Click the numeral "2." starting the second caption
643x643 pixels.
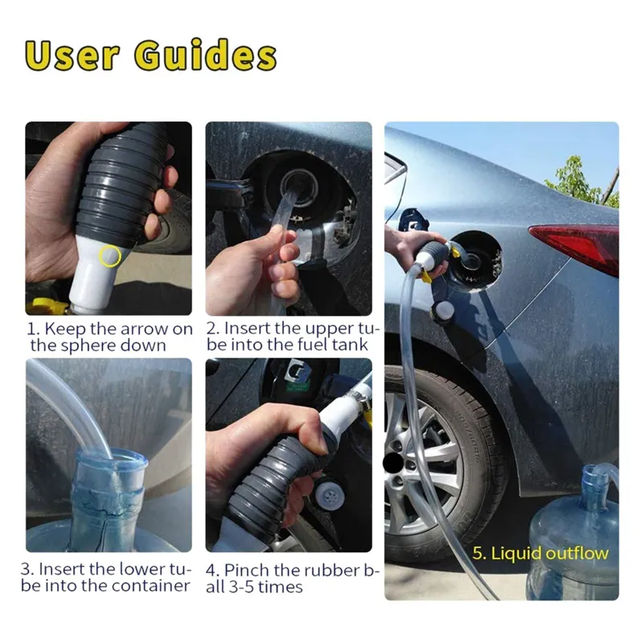coord(213,329)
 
